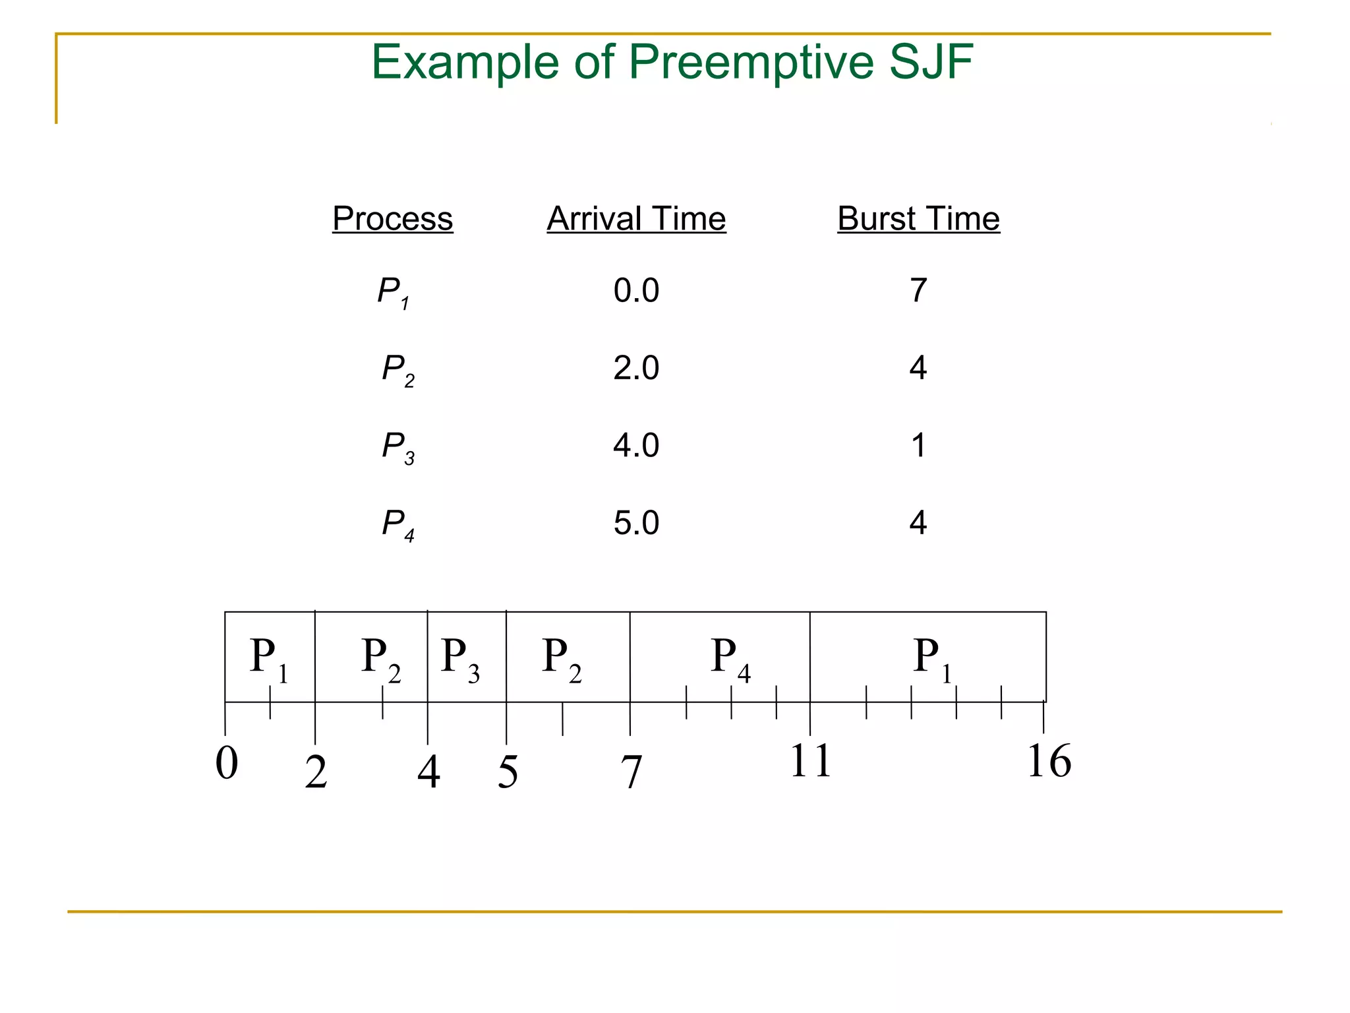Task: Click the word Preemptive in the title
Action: pos(751,63)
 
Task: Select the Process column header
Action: pos(392,218)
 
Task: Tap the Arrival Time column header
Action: pos(636,218)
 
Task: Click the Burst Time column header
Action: pos(918,218)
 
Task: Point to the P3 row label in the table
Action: pos(398,447)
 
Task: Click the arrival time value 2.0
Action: pos(636,368)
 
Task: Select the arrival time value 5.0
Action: pos(636,523)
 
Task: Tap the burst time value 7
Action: pos(918,290)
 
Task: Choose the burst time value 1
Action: pos(918,446)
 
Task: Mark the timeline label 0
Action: pos(227,763)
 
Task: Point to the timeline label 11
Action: pos(810,761)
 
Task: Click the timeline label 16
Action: pos(1049,761)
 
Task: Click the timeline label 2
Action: pos(316,772)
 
